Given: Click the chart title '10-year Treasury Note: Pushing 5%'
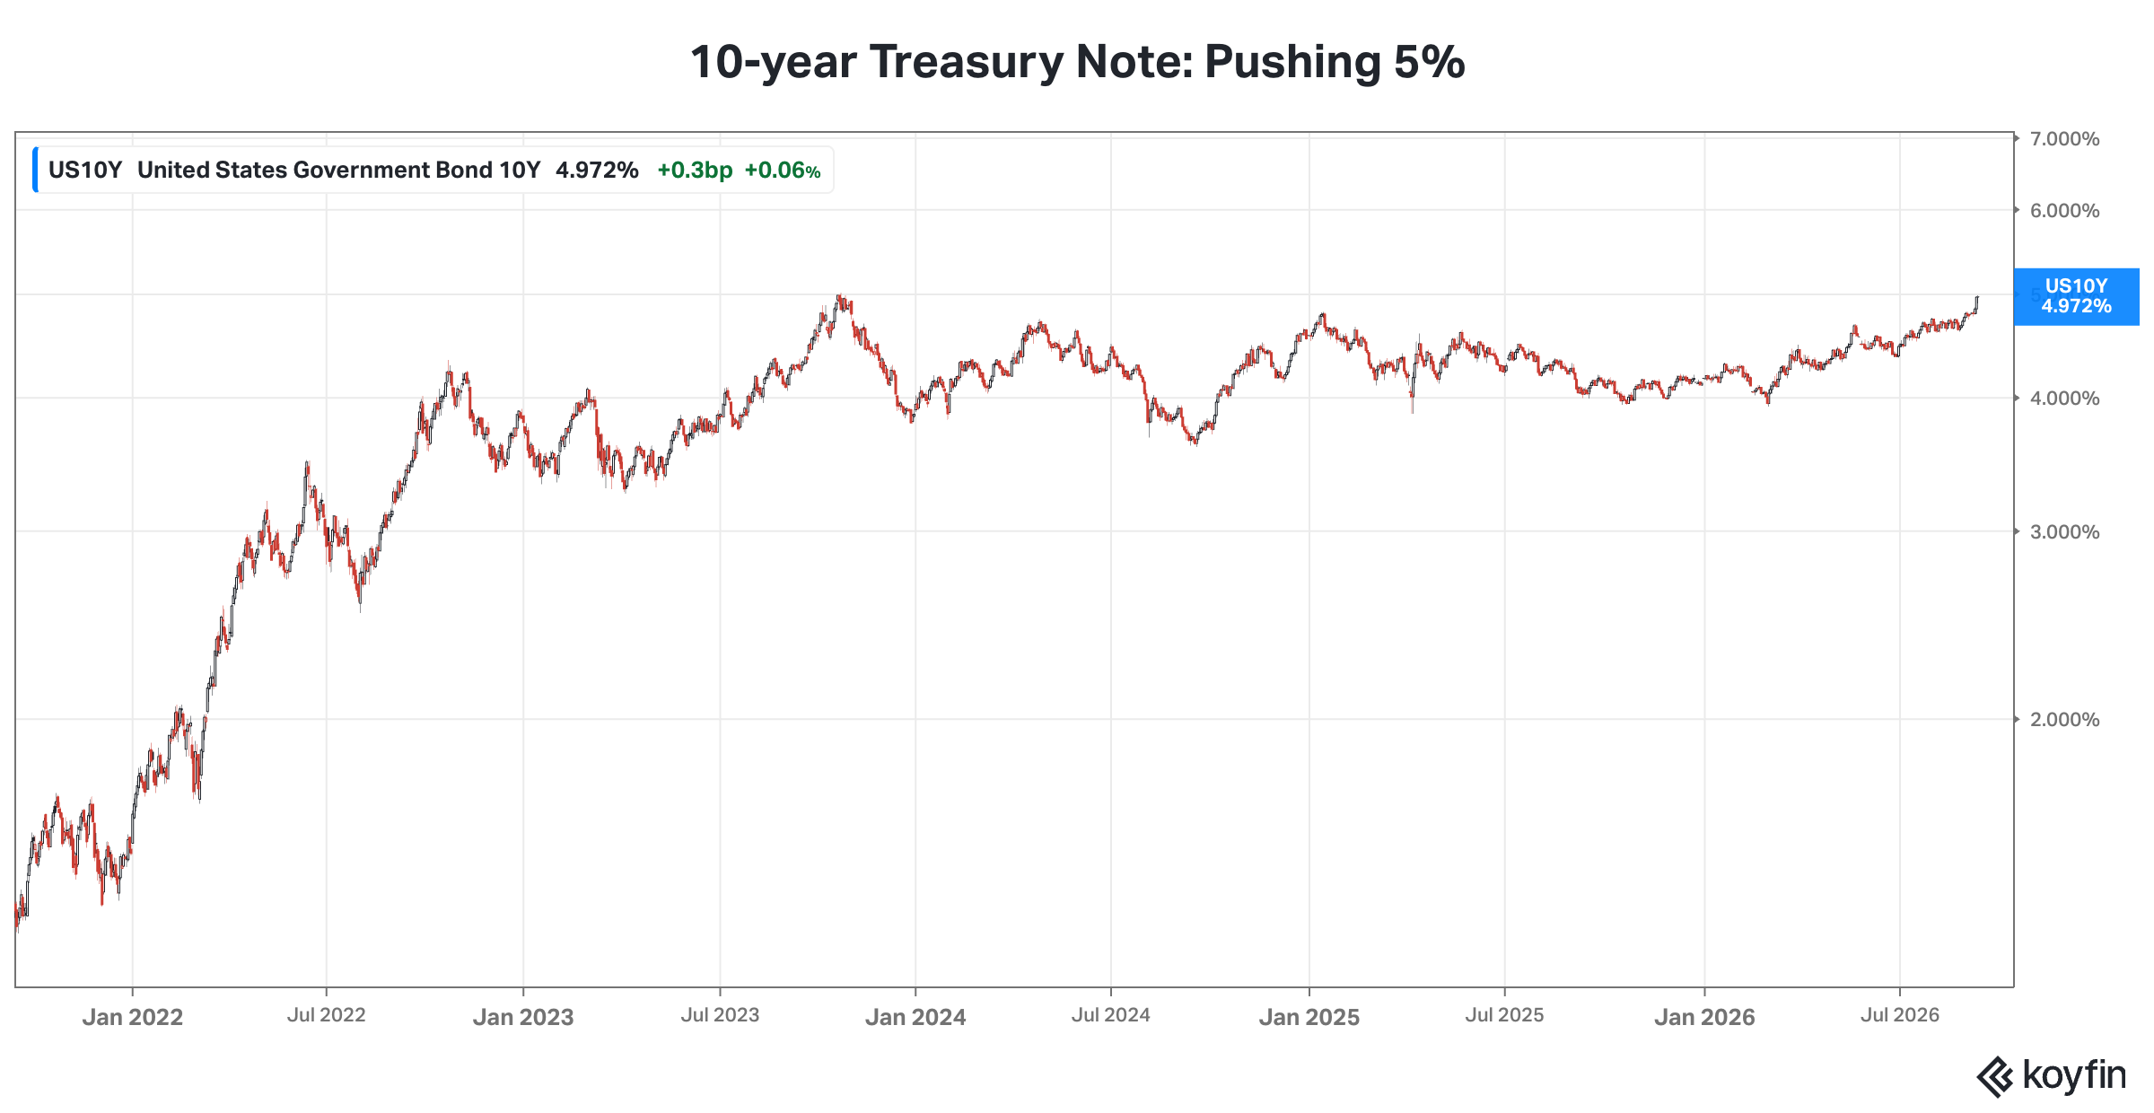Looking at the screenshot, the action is (x=1077, y=62).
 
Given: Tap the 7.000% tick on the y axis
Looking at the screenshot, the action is (x=2064, y=139).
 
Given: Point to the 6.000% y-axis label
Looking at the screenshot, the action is (x=2064, y=211).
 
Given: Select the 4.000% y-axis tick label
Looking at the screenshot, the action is (x=2064, y=399).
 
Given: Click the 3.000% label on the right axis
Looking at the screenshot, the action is (x=2064, y=532).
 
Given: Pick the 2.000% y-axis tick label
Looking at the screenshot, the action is (x=2064, y=720).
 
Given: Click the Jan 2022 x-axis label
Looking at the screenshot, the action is (x=133, y=1017).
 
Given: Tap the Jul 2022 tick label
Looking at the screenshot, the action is (x=327, y=1015).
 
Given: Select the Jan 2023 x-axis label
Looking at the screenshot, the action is (x=523, y=1017).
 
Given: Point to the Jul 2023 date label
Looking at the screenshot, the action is (x=720, y=1015).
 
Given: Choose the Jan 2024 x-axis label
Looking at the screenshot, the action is (x=915, y=1017).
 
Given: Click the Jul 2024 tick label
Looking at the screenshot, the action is (x=1111, y=1015).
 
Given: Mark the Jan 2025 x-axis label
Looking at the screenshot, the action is (x=1309, y=1017).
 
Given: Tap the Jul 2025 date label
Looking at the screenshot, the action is (x=1505, y=1015).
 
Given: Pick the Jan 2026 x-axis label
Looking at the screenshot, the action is (x=1704, y=1017).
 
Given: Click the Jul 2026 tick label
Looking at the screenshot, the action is (x=1900, y=1015).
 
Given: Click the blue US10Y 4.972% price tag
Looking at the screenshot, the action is (x=2077, y=296).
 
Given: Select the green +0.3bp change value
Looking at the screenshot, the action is (x=695, y=171).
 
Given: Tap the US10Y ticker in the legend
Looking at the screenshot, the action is (x=85, y=171).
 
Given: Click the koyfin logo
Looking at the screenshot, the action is (x=2052, y=1076).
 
